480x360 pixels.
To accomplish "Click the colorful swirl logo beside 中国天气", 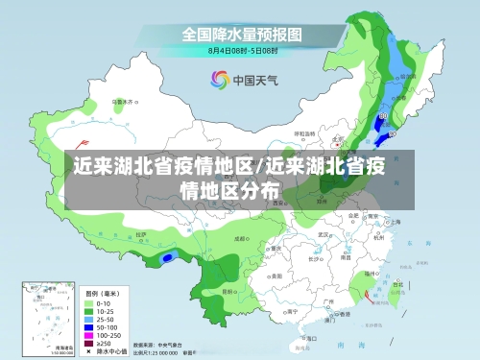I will point(218,80).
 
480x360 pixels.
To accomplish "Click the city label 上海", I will point(396,221).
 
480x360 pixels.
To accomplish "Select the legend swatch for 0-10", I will point(90,302).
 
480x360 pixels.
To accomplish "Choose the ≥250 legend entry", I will point(90,342).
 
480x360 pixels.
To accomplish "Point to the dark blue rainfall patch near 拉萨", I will point(168,256).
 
